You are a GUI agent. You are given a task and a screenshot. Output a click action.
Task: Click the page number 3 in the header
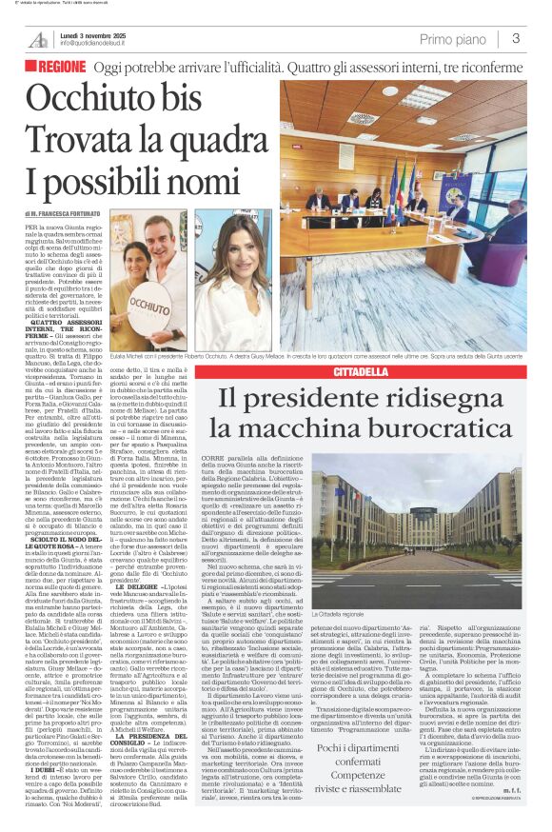(x=515, y=39)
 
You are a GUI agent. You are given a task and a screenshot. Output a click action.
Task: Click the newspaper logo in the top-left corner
(x=38, y=39)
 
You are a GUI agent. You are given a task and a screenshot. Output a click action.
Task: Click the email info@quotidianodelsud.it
(x=104, y=44)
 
